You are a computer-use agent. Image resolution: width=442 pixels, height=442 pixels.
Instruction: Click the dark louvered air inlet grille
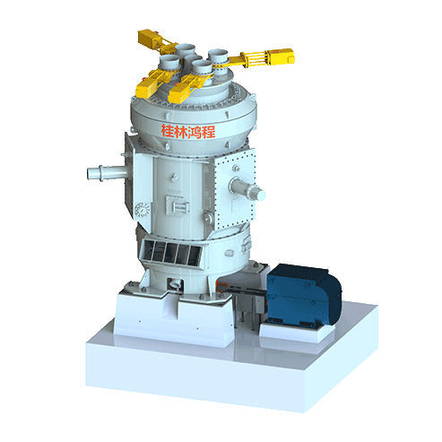172,254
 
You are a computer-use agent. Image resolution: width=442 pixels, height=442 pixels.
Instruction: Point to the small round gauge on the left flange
140,210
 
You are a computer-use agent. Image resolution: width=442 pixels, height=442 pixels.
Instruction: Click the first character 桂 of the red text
168,131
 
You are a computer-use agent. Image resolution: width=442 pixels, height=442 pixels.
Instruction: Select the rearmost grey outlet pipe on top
187,48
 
